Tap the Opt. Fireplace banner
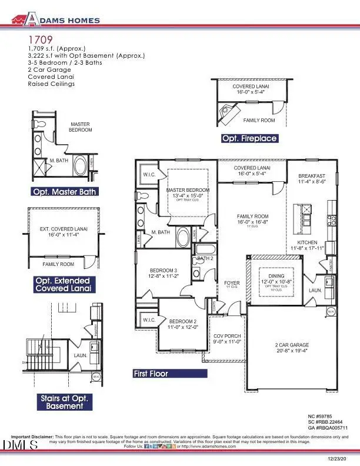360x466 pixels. tap(249, 139)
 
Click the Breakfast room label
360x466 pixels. tap(312, 175)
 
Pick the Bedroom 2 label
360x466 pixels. tap(184, 321)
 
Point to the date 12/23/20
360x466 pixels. tap(339, 457)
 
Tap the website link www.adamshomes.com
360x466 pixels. tap(212, 447)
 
